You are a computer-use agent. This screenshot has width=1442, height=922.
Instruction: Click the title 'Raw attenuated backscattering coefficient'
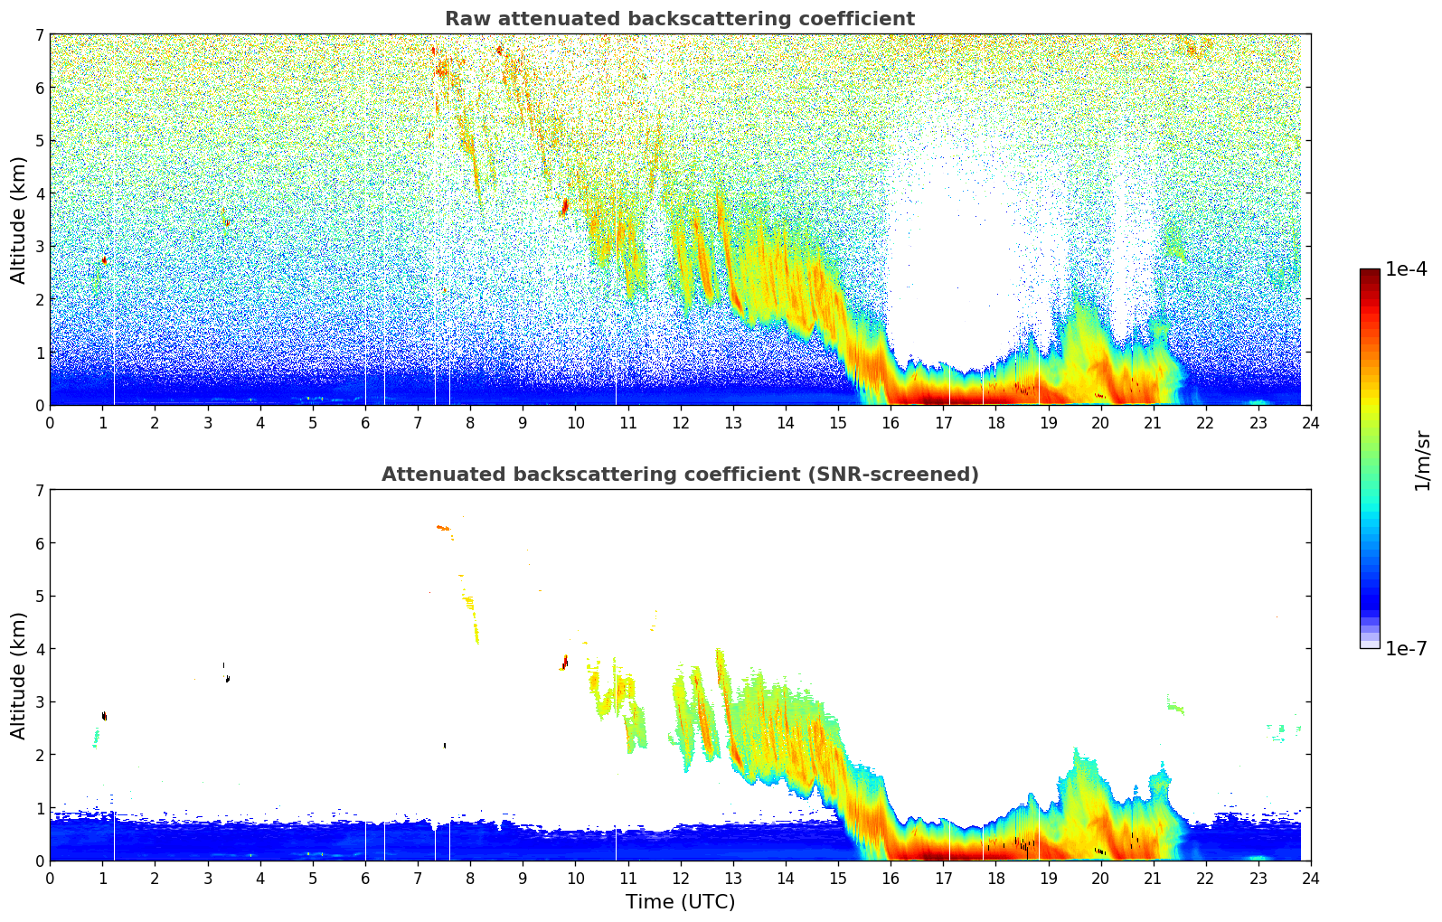point(679,19)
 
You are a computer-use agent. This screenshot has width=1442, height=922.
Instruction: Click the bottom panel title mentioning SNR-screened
point(679,475)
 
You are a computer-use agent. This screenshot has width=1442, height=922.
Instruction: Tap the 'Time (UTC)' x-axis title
point(680,902)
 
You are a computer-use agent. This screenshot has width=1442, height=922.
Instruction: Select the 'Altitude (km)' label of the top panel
point(19,220)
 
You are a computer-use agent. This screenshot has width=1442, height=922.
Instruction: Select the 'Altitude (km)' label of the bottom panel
point(19,675)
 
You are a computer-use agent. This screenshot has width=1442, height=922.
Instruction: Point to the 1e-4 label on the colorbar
point(1406,269)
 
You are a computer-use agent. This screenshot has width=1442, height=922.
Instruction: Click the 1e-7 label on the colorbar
point(1406,648)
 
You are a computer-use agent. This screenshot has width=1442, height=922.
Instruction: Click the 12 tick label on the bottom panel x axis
point(680,879)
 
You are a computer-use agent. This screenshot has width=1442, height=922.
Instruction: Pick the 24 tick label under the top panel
point(1310,423)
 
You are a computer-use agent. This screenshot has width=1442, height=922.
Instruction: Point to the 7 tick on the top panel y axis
point(39,35)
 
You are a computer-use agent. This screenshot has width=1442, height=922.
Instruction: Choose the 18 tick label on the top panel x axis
point(995,423)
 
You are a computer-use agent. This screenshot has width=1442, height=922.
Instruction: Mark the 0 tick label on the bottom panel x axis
point(50,879)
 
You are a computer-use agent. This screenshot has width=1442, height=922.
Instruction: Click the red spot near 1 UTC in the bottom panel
point(104,716)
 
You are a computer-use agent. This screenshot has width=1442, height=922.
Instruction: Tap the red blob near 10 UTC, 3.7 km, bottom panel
point(564,663)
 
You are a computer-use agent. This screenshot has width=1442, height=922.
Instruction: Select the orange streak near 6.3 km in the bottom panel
point(443,527)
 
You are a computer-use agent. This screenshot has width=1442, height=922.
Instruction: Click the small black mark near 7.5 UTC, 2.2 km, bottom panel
point(445,746)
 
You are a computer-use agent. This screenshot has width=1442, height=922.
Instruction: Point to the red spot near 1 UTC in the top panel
point(104,260)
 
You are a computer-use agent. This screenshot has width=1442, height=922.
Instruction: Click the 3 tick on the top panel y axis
point(39,247)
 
